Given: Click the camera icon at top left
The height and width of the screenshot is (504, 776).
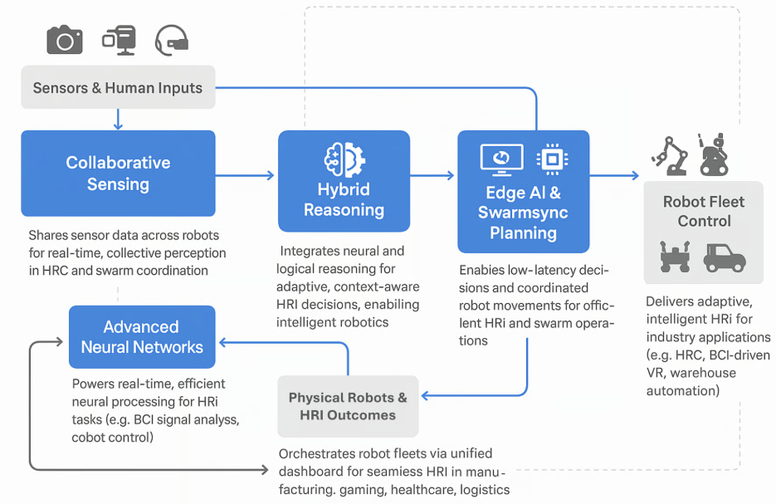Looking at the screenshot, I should (x=65, y=39).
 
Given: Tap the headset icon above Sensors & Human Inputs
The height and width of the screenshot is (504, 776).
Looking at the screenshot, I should (x=172, y=40).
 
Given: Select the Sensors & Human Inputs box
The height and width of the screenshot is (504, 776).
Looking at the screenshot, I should (x=118, y=87).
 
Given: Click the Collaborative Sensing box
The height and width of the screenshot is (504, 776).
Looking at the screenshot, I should (x=118, y=173).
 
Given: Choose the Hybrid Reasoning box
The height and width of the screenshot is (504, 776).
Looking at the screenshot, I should (x=344, y=180).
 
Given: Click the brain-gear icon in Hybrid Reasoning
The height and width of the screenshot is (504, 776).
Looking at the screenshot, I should (x=344, y=157).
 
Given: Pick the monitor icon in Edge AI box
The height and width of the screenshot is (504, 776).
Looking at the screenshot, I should (x=501, y=159).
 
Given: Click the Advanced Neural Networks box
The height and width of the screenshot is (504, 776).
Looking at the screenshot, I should (x=142, y=337).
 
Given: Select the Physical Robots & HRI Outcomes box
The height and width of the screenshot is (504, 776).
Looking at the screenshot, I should (x=348, y=405).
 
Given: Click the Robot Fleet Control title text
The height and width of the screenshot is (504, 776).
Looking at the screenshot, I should (x=703, y=211).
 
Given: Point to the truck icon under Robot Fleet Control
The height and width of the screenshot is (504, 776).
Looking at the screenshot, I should (x=725, y=257).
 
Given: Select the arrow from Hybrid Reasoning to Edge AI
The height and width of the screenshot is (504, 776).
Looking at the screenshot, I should (x=433, y=175).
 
